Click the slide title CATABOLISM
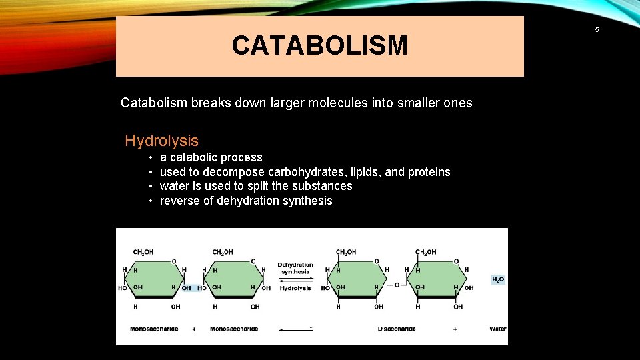[319, 46]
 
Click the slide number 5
[597, 29]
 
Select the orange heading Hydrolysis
[162, 141]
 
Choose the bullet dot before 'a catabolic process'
[151, 158]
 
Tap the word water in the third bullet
[175, 186]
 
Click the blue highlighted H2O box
[498, 279]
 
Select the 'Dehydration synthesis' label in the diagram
[295, 268]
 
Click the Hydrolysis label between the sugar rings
[295, 288]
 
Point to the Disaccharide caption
[397, 329]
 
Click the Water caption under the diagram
[498, 329]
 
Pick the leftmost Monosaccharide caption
[154, 329]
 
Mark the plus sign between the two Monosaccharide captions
[194, 329]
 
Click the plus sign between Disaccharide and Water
[455, 329]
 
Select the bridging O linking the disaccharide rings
[397, 285]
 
